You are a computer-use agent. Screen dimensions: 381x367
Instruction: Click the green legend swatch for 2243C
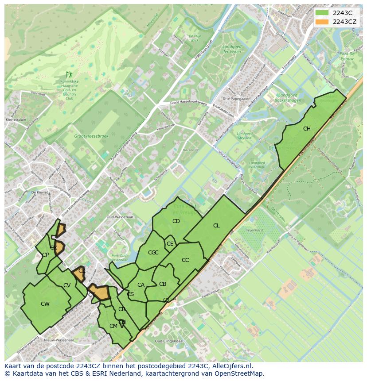click(322, 13)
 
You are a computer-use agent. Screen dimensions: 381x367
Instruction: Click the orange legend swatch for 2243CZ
click(322, 22)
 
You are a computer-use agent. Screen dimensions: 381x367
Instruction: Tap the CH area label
click(307, 129)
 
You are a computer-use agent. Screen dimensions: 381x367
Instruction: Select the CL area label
click(216, 226)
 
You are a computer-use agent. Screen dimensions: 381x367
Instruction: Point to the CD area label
click(176, 221)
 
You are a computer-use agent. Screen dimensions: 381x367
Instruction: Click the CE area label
click(170, 244)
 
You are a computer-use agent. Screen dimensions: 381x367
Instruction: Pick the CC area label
click(185, 260)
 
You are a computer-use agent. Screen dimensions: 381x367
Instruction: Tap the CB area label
click(163, 284)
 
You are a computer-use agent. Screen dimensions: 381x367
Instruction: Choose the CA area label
click(141, 285)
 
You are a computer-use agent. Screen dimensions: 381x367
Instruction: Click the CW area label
click(45, 304)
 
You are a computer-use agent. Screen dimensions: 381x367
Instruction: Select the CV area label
click(67, 285)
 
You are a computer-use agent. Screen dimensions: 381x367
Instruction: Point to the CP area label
click(45, 255)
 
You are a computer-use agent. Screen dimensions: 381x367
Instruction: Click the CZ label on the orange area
click(82, 270)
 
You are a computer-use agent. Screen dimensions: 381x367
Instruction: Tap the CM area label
click(113, 326)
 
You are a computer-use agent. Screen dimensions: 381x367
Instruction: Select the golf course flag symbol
click(69, 75)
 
